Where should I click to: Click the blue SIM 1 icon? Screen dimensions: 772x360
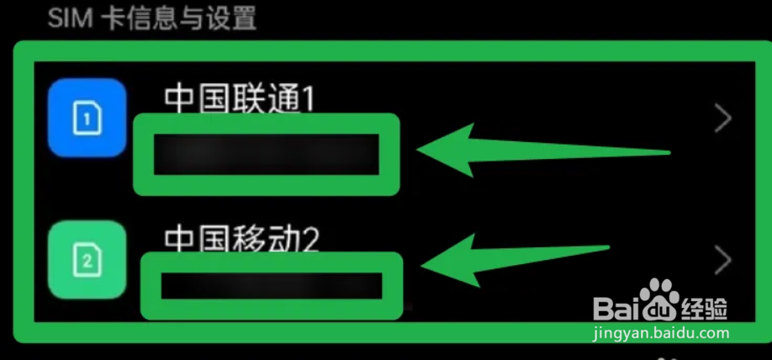pyautogui.click(x=87, y=119)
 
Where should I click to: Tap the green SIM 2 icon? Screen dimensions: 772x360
pyautogui.click(x=87, y=261)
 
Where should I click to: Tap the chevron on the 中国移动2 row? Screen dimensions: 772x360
pyautogui.click(x=722, y=262)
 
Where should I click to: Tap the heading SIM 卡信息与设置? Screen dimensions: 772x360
pyautogui.click(x=151, y=18)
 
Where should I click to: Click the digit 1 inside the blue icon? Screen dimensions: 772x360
pyautogui.click(x=87, y=119)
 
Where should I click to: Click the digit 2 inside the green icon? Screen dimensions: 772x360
pyautogui.click(x=87, y=262)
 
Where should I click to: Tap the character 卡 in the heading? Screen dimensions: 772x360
pyautogui.click(x=112, y=18)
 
